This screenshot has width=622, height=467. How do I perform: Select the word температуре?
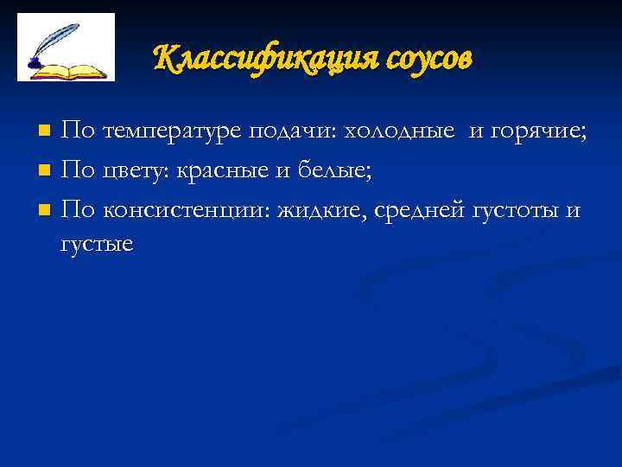tap(173, 131)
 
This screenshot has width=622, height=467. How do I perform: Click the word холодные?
tap(399, 131)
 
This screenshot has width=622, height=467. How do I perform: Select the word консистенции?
tap(185, 209)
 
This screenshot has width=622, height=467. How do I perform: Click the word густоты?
tap(514, 209)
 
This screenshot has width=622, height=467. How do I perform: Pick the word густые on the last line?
tap(96, 244)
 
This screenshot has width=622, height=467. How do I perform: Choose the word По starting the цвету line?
tap(79, 170)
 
